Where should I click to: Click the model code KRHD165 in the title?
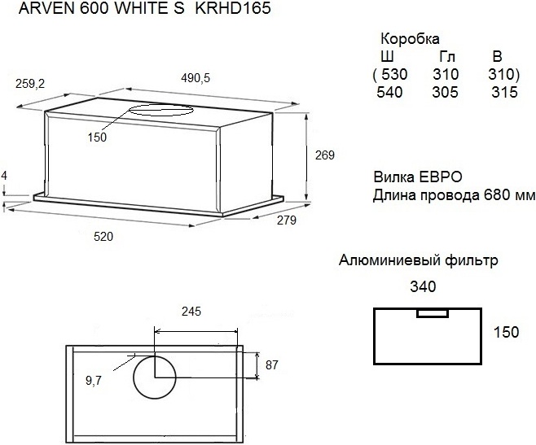pos(233,8)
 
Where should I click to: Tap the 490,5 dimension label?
pos(196,79)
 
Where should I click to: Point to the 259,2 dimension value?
pos(30,84)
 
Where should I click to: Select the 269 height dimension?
pos(324,155)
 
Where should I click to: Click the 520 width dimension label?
pos(103,237)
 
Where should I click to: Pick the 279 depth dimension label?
pos(287,220)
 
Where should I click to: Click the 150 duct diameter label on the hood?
pos(97,137)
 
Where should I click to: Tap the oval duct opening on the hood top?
pos(161,110)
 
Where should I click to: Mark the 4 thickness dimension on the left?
pos(4,176)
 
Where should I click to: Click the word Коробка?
pos(410,39)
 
